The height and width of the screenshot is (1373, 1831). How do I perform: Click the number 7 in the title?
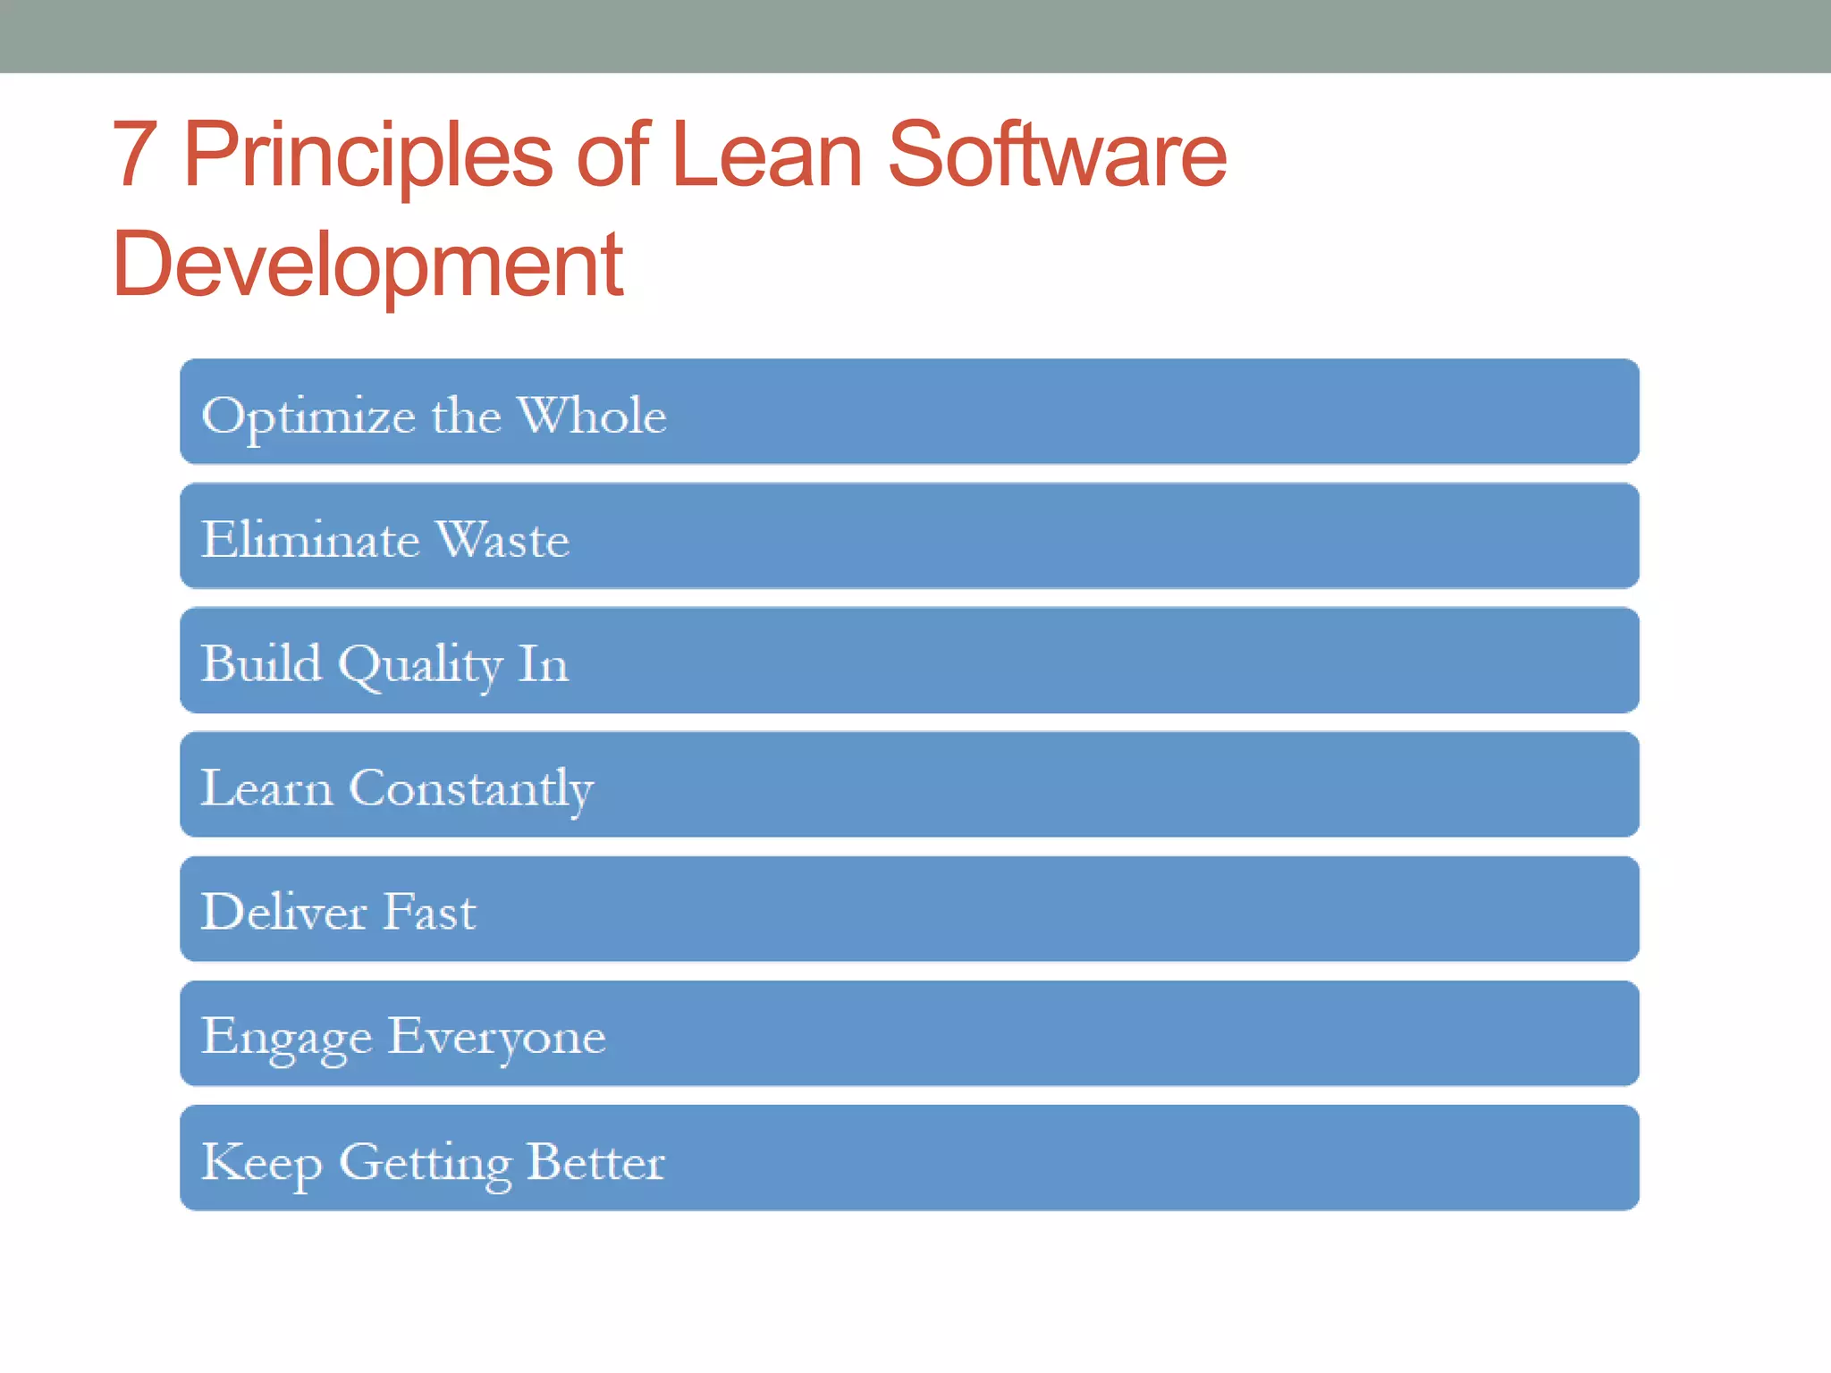point(136,156)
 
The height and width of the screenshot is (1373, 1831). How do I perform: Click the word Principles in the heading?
point(367,156)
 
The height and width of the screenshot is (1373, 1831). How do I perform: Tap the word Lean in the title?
point(766,156)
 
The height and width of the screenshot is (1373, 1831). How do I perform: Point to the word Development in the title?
point(367,265)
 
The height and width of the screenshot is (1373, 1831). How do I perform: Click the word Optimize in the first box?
point(308,417)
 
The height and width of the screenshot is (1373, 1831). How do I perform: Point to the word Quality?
point(420,666)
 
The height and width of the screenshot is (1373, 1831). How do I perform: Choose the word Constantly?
point(471,789)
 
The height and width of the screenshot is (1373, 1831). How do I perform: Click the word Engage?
point(286,1038)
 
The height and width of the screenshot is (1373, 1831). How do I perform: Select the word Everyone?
point(497,1038)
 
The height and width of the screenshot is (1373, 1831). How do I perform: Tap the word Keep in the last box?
point(261,1163)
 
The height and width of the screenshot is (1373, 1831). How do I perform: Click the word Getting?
point(425,1163)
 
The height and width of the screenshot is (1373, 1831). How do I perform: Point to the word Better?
point(595,1161)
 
